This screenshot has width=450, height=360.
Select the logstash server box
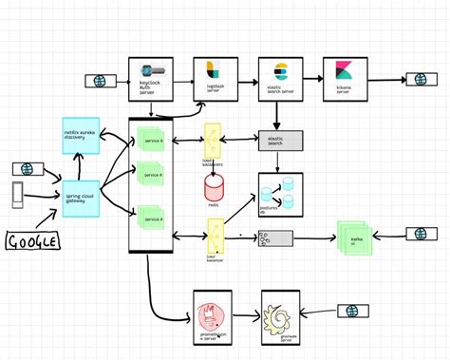(x=215, y=78)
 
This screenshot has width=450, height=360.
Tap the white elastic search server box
(x=280, y=78)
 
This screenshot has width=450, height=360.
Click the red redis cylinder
(x=215, y=186)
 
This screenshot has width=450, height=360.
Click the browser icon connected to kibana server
(x=418, y=80)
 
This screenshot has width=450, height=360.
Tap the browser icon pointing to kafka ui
(x=421, y=234)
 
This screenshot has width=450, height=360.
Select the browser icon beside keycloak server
(x=98, y=81)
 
